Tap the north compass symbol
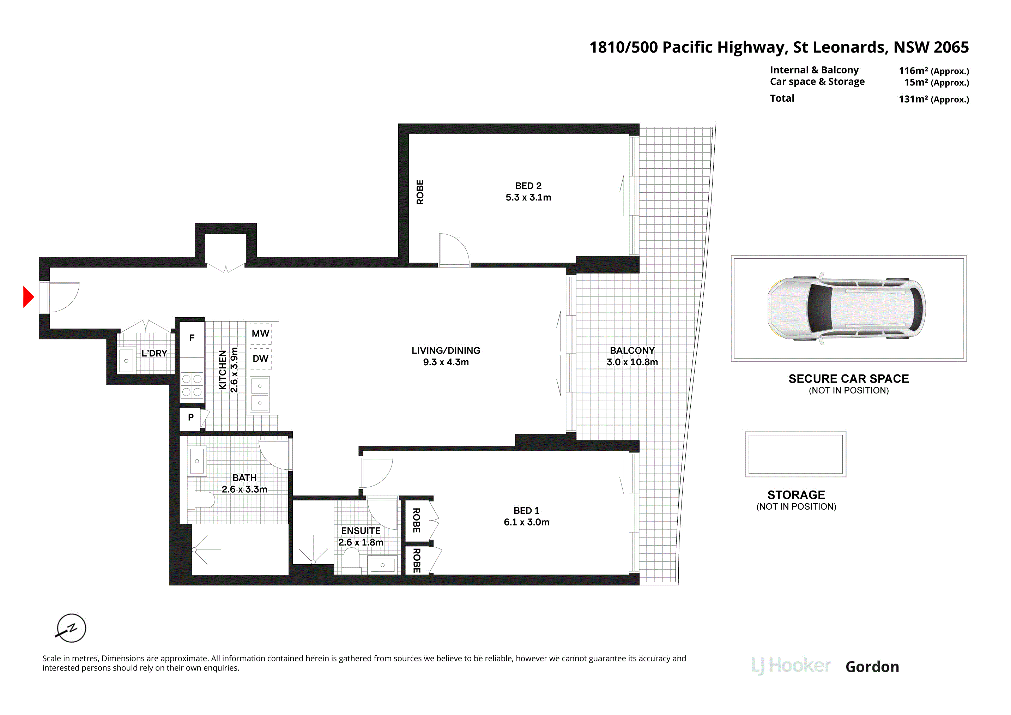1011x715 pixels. click(71, 628)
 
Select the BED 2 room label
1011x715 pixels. click(528, 186)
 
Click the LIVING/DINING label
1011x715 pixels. click(446, 351)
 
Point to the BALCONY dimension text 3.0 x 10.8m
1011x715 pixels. click(632, 362)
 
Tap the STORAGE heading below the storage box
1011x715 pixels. click(796, 495)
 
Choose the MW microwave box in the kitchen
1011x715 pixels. click(260, 334)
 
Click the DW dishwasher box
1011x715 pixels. click(260, 359)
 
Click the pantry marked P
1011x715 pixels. click(190, 417)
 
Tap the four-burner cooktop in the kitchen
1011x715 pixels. click(192, 385)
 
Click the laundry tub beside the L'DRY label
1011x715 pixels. click(126, 361)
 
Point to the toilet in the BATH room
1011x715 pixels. click(201, 500)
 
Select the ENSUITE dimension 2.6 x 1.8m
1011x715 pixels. click(361, 542)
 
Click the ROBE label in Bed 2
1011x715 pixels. click(420, 192)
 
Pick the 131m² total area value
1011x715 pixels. click(933, 99)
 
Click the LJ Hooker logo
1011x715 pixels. click(791, 666)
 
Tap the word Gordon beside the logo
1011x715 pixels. click(872, 667)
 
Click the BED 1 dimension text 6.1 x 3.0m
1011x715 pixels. click(527, 522)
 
